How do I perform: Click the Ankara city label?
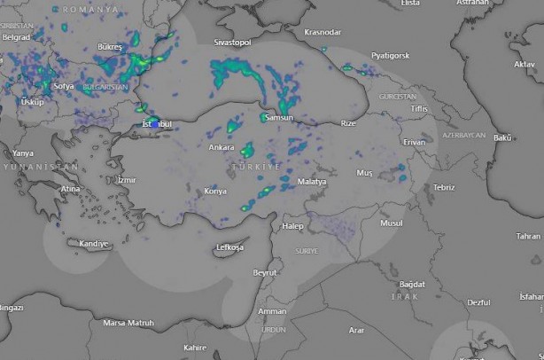(221, 147)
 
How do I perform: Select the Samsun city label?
(277, 118)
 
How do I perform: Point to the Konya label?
(215, 191)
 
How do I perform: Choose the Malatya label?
(312, 182)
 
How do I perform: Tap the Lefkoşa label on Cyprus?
(229, 247)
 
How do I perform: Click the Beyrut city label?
(265, 272)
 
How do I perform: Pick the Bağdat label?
(412, 284)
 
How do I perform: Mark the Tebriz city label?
(444, 187)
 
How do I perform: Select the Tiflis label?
(419, 108)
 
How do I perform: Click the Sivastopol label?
(233, 43)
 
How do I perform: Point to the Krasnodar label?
(322, 33)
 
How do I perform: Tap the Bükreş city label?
(110, 45)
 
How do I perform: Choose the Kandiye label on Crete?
(94, 244)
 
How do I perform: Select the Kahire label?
(195, 347)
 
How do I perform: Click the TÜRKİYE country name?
(255, 167)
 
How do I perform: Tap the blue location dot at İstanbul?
(156, 124)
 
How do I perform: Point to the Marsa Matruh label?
(128, 323)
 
